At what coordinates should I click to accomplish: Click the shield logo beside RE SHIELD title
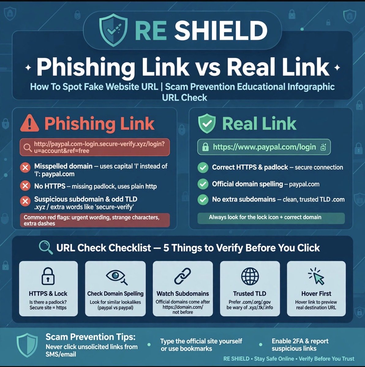tap(114, 30)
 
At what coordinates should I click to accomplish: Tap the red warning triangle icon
tap(30, 123)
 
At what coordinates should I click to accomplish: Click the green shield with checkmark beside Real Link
tap(207, 124)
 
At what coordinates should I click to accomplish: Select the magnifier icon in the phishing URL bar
tap(28, 148)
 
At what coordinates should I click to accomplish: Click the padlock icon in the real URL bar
tap(205, 147)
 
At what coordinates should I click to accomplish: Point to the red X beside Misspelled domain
tap(25, 168)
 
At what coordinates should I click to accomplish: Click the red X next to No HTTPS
tap(25, 186)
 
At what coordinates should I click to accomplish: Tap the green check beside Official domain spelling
tap(203, 184)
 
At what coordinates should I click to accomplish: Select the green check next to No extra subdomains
tap(203, 199)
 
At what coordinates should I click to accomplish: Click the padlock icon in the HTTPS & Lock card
tap(48, 276)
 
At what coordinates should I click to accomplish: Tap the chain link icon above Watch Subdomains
tap(182, 276)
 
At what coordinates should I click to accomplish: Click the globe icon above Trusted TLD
tap(250, 276)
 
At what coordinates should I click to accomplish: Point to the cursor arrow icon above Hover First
tap(317, 276)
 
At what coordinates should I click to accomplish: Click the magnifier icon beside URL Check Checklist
tap(46, 247)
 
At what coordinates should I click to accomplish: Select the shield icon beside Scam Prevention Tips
tap(27, 345)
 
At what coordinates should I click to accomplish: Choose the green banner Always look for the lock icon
tap(271, 218)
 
